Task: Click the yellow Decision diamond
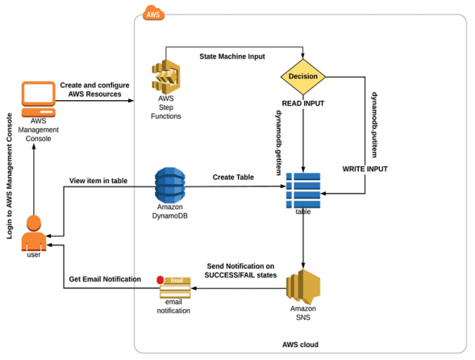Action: [304, 77]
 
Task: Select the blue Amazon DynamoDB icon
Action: [170, 185]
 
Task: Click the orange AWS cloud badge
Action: [152, 12]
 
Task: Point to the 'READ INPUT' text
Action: [303, 103]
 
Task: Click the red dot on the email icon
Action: [160, 280]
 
